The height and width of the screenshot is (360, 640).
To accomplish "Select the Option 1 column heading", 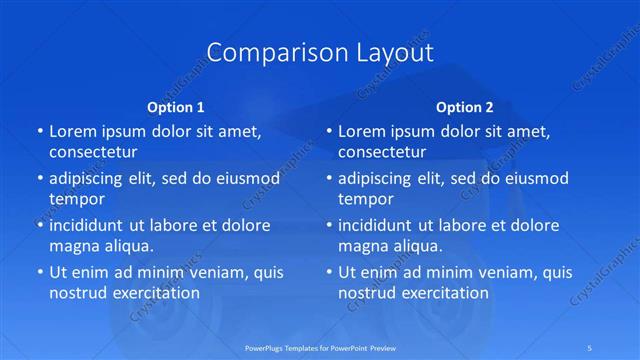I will pyautogui.click(x=175, y=106).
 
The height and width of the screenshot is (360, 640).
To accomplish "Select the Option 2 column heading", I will pyautogui.click(x=465, y=106).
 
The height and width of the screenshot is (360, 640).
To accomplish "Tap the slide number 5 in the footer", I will pyautogui.click(x=591, y=347).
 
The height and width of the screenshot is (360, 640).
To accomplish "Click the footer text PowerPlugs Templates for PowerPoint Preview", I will pyautogui.click(x=320, y=347).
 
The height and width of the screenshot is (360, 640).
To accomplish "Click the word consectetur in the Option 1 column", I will pyautogui.click(x=92, y=152).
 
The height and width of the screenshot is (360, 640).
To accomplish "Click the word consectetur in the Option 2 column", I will pyautogui.click(x=381, y=152).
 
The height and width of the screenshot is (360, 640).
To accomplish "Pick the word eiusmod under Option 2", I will pyautogui.click(x=534, y=178).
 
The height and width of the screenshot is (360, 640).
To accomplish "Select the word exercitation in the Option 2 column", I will pyautogui.click(x=443, y=293).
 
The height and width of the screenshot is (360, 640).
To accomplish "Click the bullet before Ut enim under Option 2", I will pyautogui.click(x=329, y=272).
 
